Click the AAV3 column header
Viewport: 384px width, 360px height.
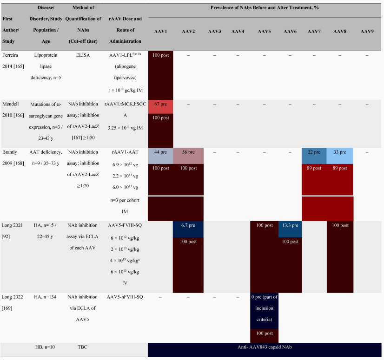(x=214, y=31)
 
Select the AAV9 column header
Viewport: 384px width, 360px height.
(x=367, y=31)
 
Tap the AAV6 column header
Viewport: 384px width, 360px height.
(x=290, y=31)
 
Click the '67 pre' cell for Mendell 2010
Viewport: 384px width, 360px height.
(x=160, y=105)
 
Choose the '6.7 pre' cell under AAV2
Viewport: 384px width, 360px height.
(x=188, y=226)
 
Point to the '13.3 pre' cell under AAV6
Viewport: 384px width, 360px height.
(x=290, y=226)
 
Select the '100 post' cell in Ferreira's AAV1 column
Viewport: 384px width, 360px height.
(x=160, y=55)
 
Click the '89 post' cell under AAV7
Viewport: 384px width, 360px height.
(x=314, y=168)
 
